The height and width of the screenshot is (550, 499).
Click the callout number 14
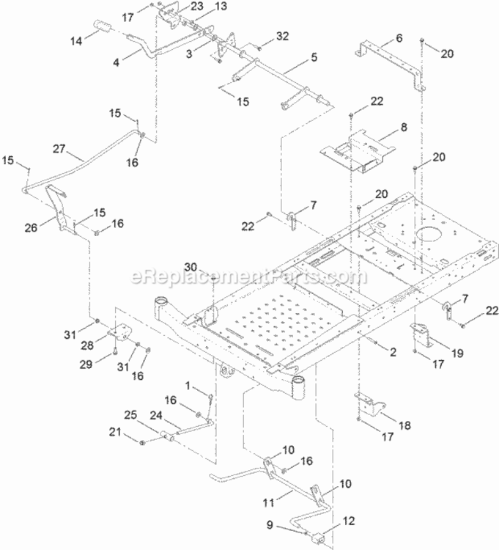coord(76,40)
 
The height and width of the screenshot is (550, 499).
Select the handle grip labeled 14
coord(102,27)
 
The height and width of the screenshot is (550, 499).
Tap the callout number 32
coord(282,36)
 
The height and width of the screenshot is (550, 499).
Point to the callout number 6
coord(399,37)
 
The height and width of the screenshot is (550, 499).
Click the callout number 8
coord(404,127)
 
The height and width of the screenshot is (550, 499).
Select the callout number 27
coord(59,149)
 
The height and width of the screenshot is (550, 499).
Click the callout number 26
coord(31,227)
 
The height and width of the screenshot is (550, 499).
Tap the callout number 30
coord(191,267)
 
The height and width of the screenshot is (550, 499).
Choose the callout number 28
coord(87,345)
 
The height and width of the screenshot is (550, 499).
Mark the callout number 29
coord(86,364)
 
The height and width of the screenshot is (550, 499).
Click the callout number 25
coord(130,415)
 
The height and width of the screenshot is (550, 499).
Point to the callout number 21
coord(115,432)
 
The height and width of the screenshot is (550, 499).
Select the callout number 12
coord(349,521)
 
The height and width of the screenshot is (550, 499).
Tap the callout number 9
coord(270,525)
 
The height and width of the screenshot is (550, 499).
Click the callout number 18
coord(404,425)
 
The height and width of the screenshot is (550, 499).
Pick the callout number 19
coord(457,353)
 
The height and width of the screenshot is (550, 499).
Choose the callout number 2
coord(393,352)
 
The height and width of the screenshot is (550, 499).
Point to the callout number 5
coord(314,56)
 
